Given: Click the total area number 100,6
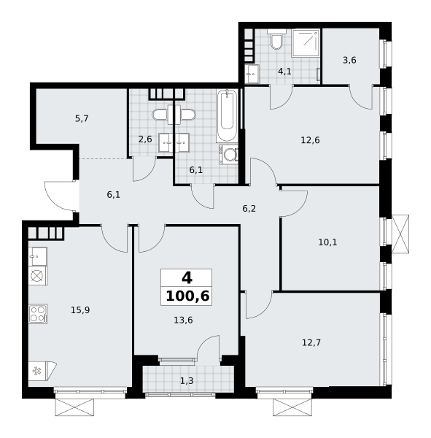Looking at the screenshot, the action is tap(187, 296).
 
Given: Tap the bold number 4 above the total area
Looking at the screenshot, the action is tap(187, 278).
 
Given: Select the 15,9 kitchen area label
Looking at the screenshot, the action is tap(80, 310).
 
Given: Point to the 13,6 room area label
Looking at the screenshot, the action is tap(183, 320).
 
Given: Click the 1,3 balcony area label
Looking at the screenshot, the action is tap(187, 381).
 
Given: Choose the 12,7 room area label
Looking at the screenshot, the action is tap(311, 342).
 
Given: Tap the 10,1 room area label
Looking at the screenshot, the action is tap(327, 242).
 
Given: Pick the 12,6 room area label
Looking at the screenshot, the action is tap(310, 140).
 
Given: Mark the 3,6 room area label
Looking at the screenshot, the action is tap(349, 60).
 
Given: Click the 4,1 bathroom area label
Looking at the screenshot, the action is tap(284, 72).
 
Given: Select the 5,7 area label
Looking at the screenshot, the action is tap(82, 119).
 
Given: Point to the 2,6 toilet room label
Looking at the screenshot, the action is tap(145, 139).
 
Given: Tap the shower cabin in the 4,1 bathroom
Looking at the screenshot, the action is tap(306, 42).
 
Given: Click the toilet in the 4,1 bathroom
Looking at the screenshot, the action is tap(276, 39).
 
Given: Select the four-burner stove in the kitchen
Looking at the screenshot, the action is tap(38, 314).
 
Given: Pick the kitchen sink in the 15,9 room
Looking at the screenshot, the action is tap(38, 256).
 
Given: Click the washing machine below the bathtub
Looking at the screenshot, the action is tap(228, 154).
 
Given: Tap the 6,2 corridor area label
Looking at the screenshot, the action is tap(249, 209).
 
